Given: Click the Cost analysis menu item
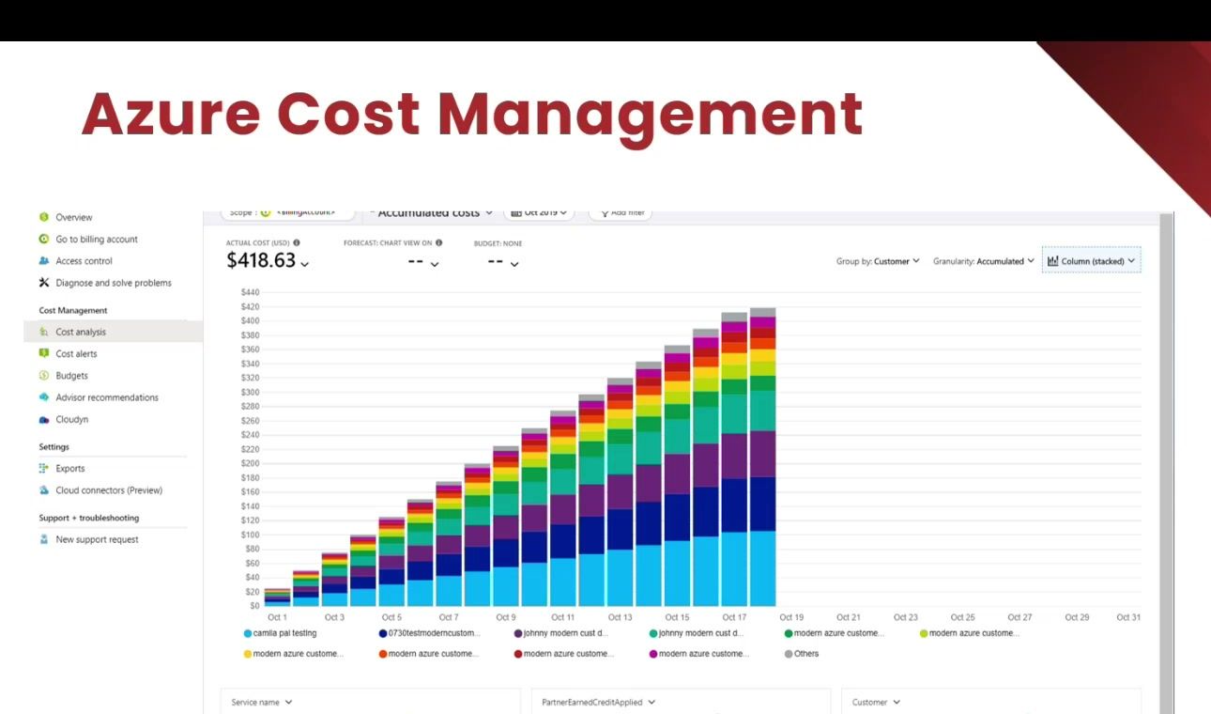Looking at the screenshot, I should (81, 332).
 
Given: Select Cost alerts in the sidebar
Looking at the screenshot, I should (76, 354).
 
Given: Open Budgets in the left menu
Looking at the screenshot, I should (71, 376).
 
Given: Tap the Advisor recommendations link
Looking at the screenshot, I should (106, 397).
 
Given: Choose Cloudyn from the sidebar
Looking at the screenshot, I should (71, 420).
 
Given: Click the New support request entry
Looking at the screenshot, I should (97, 539).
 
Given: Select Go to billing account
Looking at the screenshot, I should (96, 240).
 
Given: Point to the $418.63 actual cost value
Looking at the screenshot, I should (261, 261).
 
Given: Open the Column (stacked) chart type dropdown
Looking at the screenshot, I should (1091, 261).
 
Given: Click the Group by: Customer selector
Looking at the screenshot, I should (878, 261).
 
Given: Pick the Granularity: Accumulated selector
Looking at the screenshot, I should (983, 261).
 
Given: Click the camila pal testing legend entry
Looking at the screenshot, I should (284, 633).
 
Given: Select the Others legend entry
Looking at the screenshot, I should (805, 654).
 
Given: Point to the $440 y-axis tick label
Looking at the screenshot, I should (249, 292).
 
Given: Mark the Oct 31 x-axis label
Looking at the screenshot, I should (1127, 617).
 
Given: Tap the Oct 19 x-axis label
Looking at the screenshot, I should (791, 617).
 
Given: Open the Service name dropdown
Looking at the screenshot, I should (262, 702).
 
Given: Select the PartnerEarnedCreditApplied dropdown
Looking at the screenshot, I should (598, 702).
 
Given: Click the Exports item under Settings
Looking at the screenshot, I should (69, 469).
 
